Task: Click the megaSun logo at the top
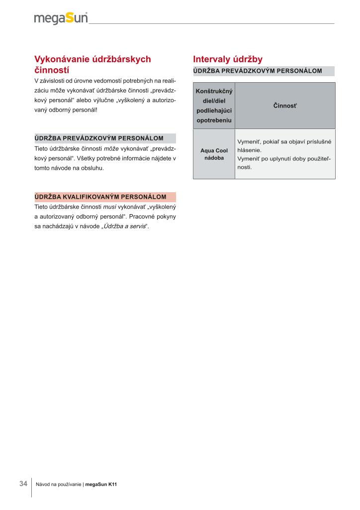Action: pyautogui.click(x=61, y=18)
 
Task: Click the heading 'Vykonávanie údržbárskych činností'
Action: pyautogui.click(x=92, y=64)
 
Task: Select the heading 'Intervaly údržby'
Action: pyautogui.click(x=227, y=59)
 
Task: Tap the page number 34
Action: pyautogui.click(x=23, y=484)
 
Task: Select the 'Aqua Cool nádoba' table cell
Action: pyautogui.click(x=214, y=154)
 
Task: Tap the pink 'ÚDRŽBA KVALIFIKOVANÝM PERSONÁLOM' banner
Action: pyautogui.click(x=105, y=197)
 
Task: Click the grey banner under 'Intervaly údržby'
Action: pyautogui.click(x=264, y=71)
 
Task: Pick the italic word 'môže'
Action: pyautogui.click(x=111, y=149)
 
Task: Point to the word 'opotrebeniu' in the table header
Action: pyautogui.click(x=214, y=120)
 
